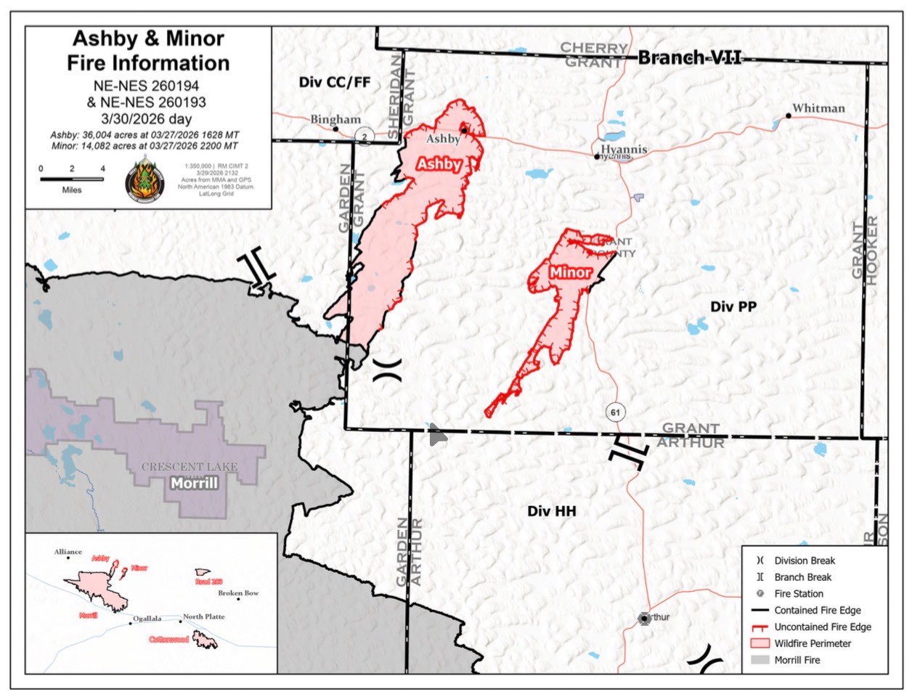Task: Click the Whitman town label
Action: (818, 108)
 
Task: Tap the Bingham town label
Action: (335, 119)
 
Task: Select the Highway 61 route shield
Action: (615, 412)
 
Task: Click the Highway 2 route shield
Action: (365, 137)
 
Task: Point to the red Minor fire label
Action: (570, 272)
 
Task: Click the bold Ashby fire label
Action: (439, 164)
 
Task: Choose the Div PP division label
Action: (733, 306)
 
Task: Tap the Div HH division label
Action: (552, 511)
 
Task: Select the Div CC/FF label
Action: (335, 82)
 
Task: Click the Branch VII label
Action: (689, 57)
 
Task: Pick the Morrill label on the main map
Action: (194, 483)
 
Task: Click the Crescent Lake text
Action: (190, 467)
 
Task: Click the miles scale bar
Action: (72, 178)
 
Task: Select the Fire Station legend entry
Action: (798, 593)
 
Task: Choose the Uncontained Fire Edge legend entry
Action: (822, 627)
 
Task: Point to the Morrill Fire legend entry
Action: (797, 660)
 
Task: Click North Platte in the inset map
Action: (203, 616)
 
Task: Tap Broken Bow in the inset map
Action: (238, 593)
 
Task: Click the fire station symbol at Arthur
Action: (643, 618)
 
